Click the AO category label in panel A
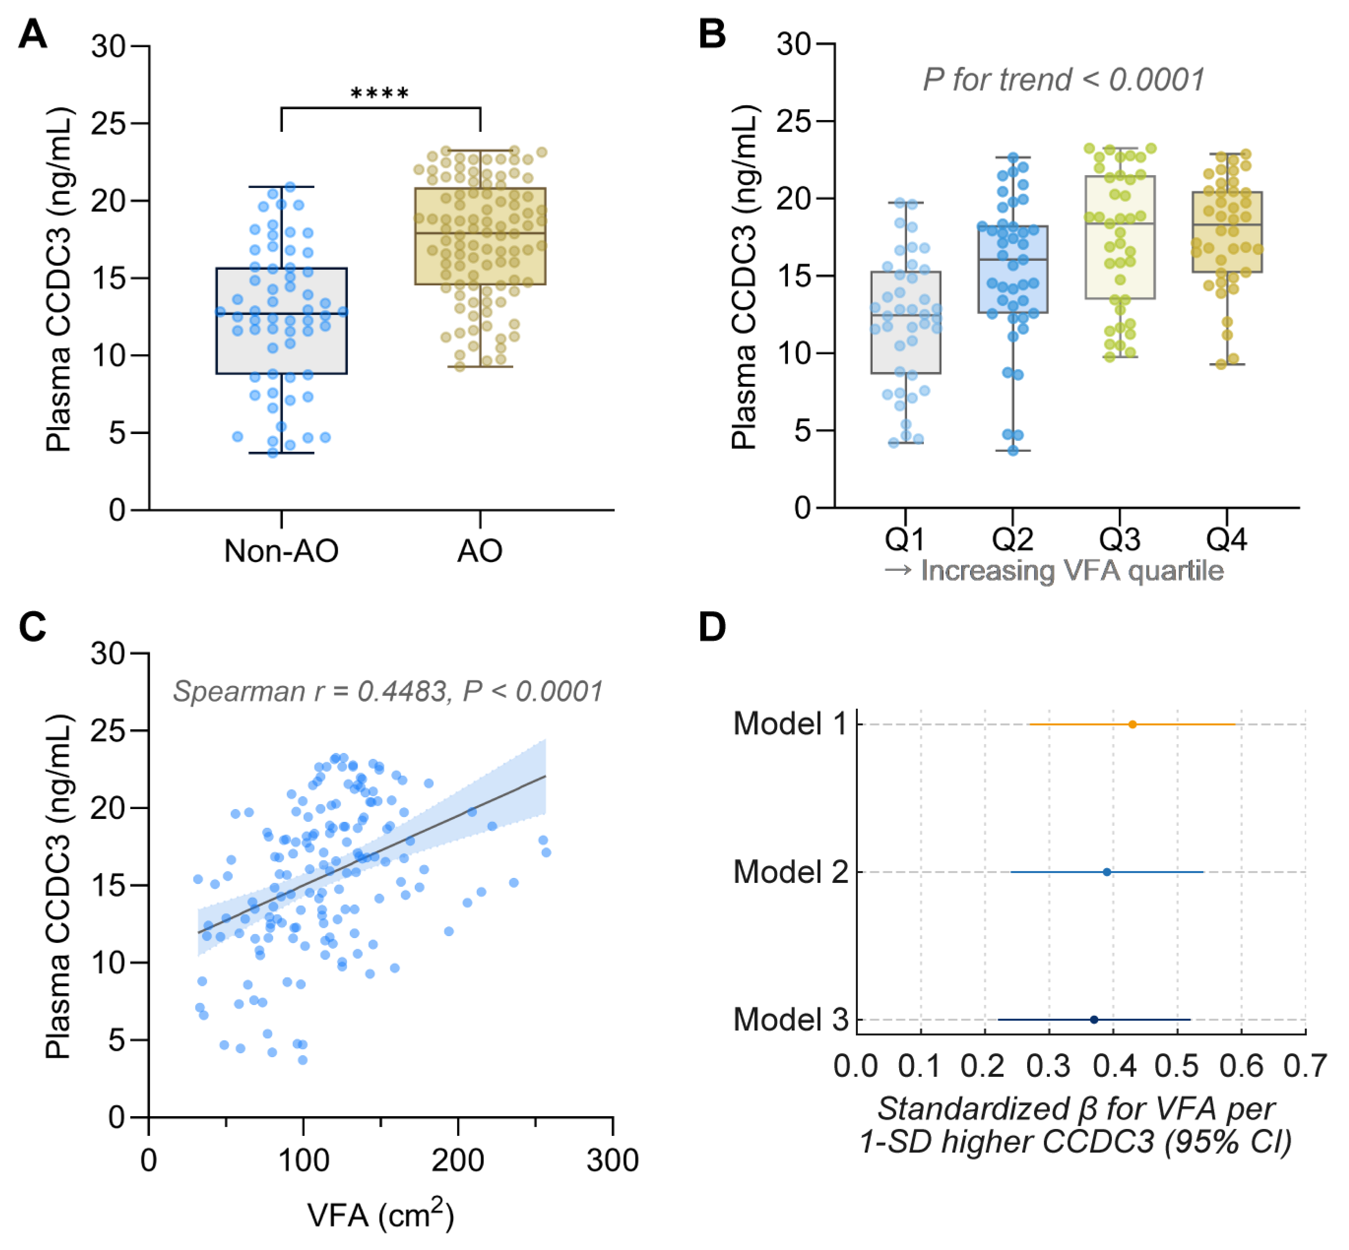pyautogui.click(x=480, y=551)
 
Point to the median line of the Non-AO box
pyautogui.click(x=282, y=313)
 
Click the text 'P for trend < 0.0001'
pyautogui.click(x=1063, y=80)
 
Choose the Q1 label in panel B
pyautogui.click(x=905, y=539)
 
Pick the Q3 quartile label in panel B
pyautogui.click(x=1119, y=539)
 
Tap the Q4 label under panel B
pyautogui.click(x=1226, y=539)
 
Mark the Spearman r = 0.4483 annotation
pyautogui.click(x=387, y=691)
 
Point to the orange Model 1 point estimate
pyautogui.click(x=1132, y=724)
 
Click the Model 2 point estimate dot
pyautogui.click(x=1107, y=872)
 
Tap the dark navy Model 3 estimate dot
pyautogui.click(x=1094, y=1019)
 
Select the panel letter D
pyautogui.click(x=712, y=627)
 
